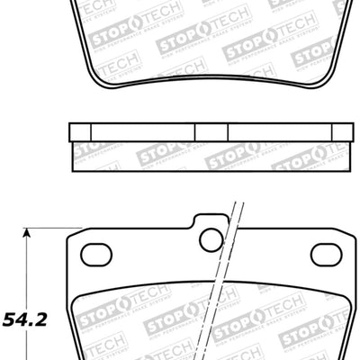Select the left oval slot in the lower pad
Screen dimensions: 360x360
point(95,254)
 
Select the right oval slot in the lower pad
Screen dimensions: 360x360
point(325,254)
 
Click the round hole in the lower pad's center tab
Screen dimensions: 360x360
point(211,239)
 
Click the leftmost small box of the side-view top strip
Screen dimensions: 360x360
point(81,131)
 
